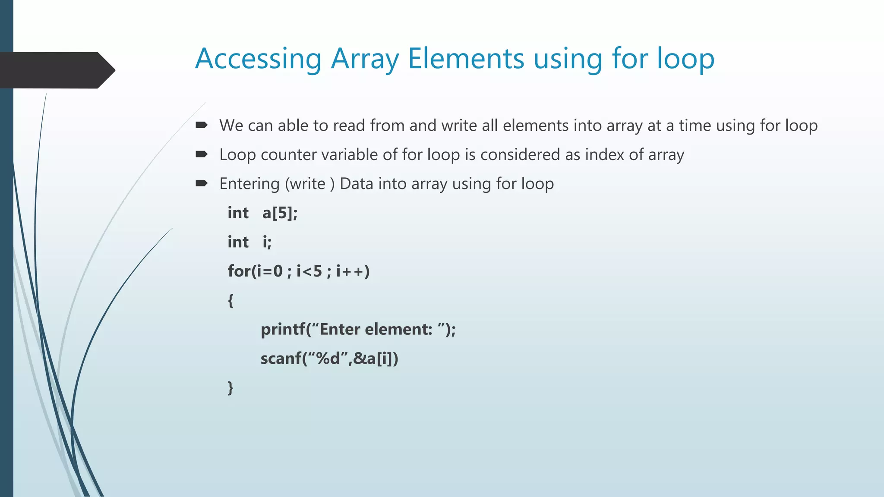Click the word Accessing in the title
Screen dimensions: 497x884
(x=258, y=59)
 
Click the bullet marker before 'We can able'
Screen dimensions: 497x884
(x=202, y=125)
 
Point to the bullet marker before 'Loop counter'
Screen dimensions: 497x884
(x=202, y=154)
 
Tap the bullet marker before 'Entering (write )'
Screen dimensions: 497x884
(x=202, y=183)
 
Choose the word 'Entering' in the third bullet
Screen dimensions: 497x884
(x=249, y=184)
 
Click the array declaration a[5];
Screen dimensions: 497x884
(x=280, y=213)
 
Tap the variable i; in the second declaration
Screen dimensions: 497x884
(x=267, y=242)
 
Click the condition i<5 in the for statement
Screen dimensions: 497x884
(x=309, y=271)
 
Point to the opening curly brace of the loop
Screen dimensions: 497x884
(x=230, y=300)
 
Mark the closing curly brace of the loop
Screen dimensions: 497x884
(x=230, y=387)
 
